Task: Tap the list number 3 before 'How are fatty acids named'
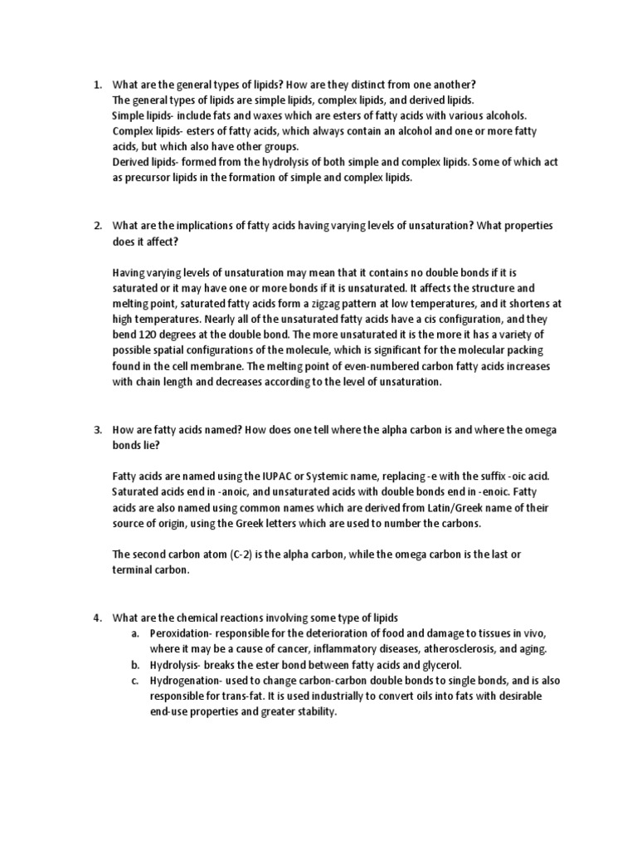[x=96, y=429]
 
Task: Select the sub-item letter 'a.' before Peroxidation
[x=135, y=633]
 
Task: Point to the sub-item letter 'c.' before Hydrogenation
[x=135, y=681]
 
